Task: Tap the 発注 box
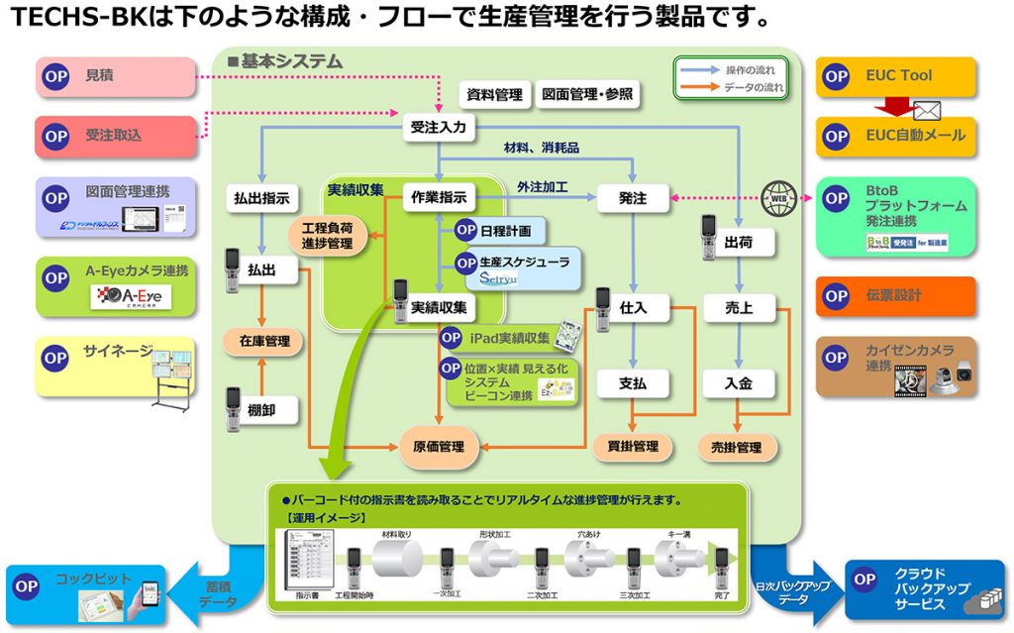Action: [x=632, y=198]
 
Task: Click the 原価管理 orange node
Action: [x=439, y=447]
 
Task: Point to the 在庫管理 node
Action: [x=263, y=342]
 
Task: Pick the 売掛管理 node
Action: [x=737, y=448]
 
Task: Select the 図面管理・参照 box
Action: [x=587, y=95]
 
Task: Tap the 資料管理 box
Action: [x=494, y=95]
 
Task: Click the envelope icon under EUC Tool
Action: [x=926, y=110]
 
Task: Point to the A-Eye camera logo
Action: [x=132, y=296]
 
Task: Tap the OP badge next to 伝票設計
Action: [x=836, y=296]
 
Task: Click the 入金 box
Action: [x=738, y=382]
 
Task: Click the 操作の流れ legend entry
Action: [x=730, y=70]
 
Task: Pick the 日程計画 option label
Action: [x=504, y=230]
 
